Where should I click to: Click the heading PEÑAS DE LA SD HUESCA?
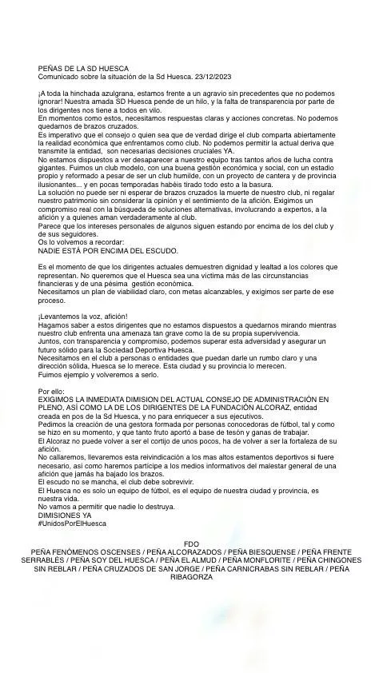coord(83,69)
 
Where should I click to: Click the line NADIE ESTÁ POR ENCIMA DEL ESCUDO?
coord(109,250)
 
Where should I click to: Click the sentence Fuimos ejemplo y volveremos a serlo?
coord(94,373)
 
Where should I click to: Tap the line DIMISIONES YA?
coord(65,516)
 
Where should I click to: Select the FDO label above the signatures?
coord(190,544)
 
